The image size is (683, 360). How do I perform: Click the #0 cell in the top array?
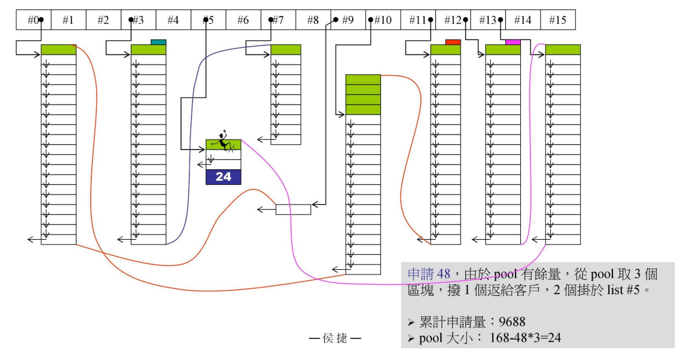[x=33, y=20]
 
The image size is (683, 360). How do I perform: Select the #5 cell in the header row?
[x=208, y=20]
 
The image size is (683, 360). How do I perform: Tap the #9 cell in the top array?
[x=347, y=20]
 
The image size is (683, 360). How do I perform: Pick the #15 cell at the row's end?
[x=557, y=20]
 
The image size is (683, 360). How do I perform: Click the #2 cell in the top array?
[x=103, y=20]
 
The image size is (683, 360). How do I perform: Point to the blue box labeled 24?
[x=223, y=177]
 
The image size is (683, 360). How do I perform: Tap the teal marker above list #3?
[x=158, y=42]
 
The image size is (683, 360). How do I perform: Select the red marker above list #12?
[x=453, y=42]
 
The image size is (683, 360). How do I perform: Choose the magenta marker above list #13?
[x=513, y=42]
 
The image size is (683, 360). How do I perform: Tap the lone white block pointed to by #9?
[x=293, y=209]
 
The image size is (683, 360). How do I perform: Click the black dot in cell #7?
[x=271, y=20]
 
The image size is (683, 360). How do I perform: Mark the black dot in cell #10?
[x=371, y=20]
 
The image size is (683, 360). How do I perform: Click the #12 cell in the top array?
[x=453, y=20]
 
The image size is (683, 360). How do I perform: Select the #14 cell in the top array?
[x=522, y=20]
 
